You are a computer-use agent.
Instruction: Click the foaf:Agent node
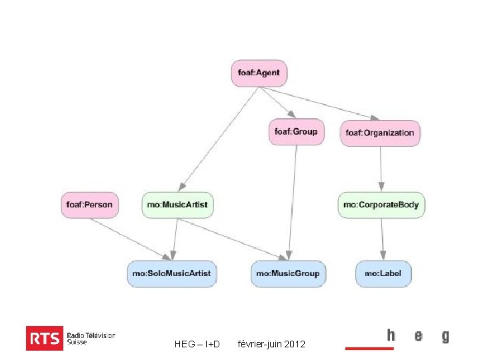tap(259, 73)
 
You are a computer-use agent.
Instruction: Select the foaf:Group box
tap(296, 131)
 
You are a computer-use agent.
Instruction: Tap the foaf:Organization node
tap(380, 133)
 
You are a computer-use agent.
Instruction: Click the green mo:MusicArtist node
tap(177, 204)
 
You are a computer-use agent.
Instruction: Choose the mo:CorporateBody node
tap(381, 204)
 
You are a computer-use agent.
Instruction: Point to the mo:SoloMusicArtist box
tap(172, 273)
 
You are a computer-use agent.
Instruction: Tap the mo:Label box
tap(383, 273)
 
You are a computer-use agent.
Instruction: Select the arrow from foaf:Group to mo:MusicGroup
tap(292, 200)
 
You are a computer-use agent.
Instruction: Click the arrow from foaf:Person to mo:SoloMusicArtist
tap(133, 239)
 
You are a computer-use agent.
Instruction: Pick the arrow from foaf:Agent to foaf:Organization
tap(313, 103)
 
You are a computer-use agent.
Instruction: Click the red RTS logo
tap(45, 338)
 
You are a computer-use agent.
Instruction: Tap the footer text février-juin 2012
tap(271, 344)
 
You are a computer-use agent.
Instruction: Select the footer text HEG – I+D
tap(197, 344)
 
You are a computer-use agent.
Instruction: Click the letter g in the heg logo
tap(445, 336)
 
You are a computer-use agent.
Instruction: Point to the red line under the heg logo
tap(369, 348)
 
